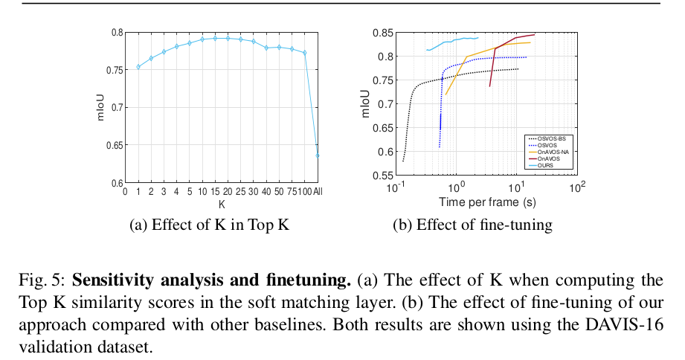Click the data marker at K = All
coord(318,155)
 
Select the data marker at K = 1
coord(138,67)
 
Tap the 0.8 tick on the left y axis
coord(117,33)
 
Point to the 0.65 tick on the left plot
coord(115,145)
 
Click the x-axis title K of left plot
coord(221,203)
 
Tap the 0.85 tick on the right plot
coord(382,33)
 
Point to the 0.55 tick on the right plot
coord(382,176)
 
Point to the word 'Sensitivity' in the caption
coord(108,281)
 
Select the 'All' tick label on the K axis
coord(318,192)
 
